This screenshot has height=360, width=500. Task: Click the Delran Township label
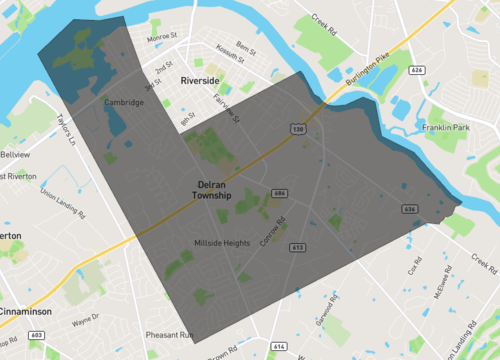pos(212,190)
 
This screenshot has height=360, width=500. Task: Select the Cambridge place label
pos(124,102)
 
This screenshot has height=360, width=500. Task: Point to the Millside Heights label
pos(222,243)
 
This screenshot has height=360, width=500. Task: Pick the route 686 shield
pos(280,193)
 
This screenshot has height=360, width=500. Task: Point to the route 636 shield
pos(409,209)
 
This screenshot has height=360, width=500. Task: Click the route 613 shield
pos(297,246)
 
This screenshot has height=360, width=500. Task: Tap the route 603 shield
pos(36,335)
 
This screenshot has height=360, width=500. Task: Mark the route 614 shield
pos(279,346)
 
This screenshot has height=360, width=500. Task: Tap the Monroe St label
pos(160,38)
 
